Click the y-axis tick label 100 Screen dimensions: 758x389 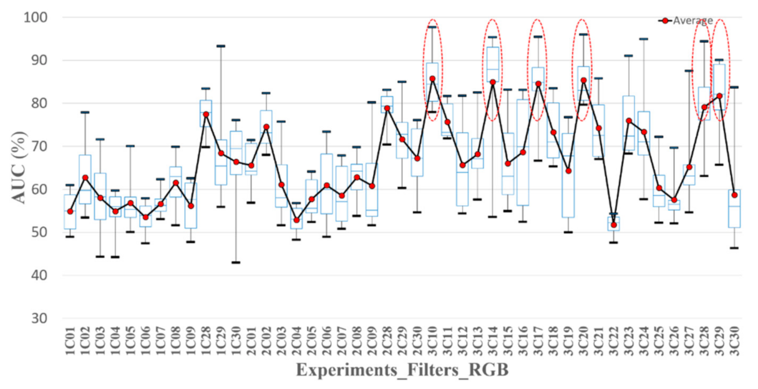pyautogui.click(x=36, y=17)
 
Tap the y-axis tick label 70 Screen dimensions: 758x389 pyautogui.click(x=39, y=146)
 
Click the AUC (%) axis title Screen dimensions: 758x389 pyautogui.click(x=18, y=167)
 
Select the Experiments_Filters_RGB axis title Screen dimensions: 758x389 pyautogui.click(x=402, y=370)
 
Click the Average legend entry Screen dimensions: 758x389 pyautogui.click(x=686, y=21)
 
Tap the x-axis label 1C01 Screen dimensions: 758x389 pyautogui.click(x=70, y=341)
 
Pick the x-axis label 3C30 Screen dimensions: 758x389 pyautogui.click(x=734, y=341)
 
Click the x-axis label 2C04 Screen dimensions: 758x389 pyautogui.click(x=297, y=341)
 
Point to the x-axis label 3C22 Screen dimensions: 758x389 pyautogui.click(x=613, y=341)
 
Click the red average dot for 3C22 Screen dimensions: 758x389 pyautogui.click(x=613, y=225)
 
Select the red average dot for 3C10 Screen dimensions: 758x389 pyautogui.click(x=432, y=79)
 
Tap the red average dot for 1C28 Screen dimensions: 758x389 pyautogui.click(x=206, y=114)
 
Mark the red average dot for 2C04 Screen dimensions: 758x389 pyautogui.click(x=297, y=220)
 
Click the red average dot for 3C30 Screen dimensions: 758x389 pyautogui.click(x=734, y=195)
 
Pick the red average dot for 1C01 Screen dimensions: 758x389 pyautogui.click(x=70, y=211)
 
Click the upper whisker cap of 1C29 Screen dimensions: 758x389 pyautogui.click(x=221, y=46)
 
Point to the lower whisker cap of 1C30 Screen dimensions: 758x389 pyautogui.click(x=236, y=262)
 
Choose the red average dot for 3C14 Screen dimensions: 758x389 pyautogui.click(x=493, y=82)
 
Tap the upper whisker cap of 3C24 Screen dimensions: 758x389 pyautogui.click(x=644, y=39)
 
